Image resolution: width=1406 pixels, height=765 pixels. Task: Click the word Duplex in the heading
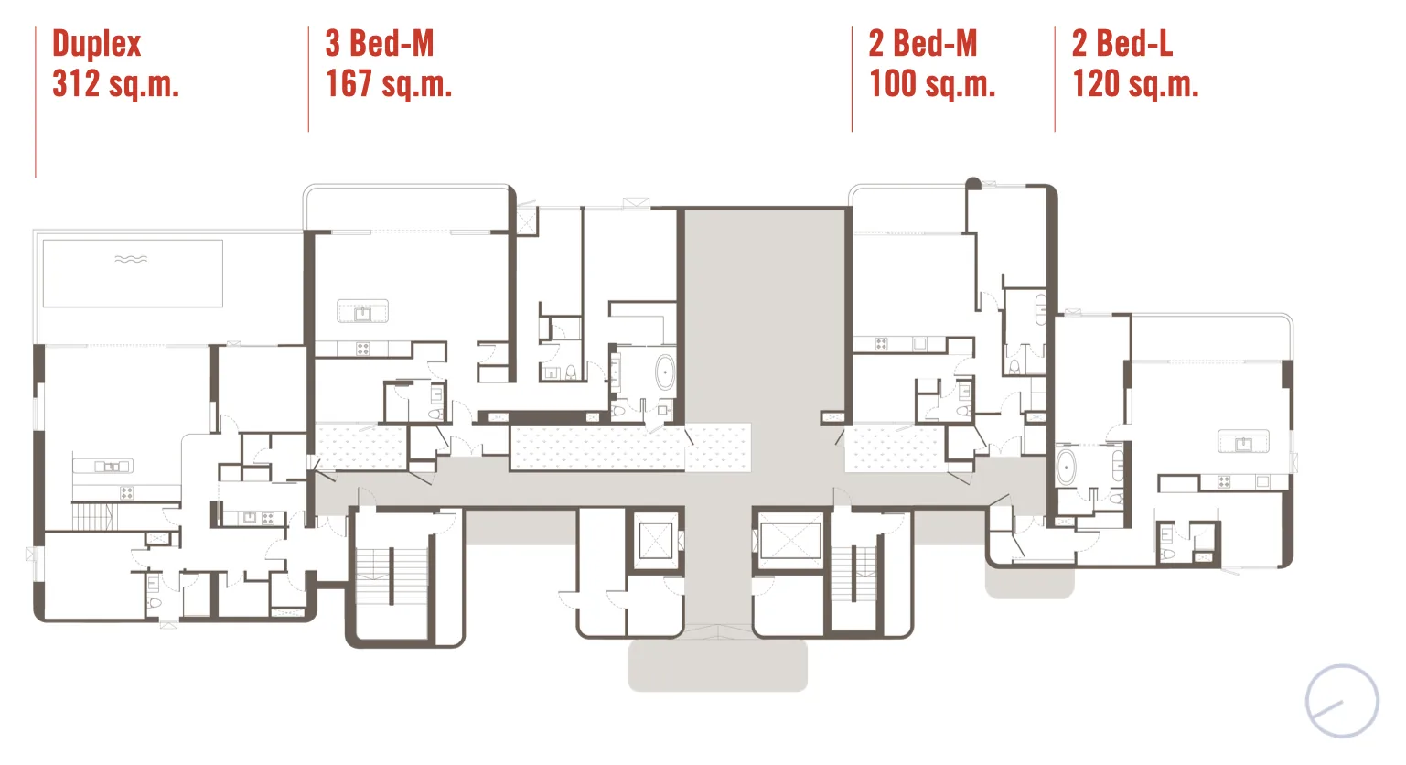pyautogui.click(x=97, y=44)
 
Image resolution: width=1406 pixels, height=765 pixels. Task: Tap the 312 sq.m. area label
pyautogui.click(x=116, y=83)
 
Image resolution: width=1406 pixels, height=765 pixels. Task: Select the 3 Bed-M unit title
pyautogui.click(x=380, y=44)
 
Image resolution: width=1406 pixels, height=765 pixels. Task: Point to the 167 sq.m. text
pyautogui.click(x=389, y=83)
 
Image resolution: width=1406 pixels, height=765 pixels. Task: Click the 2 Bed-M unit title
pyautogui.click(x=923, y=44)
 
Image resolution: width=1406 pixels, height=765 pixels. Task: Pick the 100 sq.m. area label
pyautogui.click(x=932, y=83)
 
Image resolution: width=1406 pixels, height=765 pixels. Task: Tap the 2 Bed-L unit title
pyautogui.click(x=1122, y=44)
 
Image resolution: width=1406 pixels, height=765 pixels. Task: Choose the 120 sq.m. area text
pyautogui.click(x=1135, y=83)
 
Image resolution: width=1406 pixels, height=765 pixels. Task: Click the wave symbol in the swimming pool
pyautogui.click(x=131, y=259)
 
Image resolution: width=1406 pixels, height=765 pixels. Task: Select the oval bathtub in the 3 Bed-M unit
pyautogui.click(x=665, y=372)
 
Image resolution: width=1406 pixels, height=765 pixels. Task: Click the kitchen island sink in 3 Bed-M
pyautogui.click(x=363, y=313)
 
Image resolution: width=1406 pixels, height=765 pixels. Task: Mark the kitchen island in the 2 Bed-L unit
pyautogui.click(x=1243, y=441)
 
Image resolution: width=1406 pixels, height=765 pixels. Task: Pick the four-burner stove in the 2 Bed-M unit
pyautogui.click(x=881, y=343)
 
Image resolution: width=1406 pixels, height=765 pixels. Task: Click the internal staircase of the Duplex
pyautogui.click(x=95, y=516)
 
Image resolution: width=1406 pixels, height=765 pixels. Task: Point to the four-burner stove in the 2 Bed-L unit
pyautogui.click(x=1224, y=482)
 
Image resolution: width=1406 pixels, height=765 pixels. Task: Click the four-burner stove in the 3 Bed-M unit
pyautogui.click(x=363, y=350)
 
